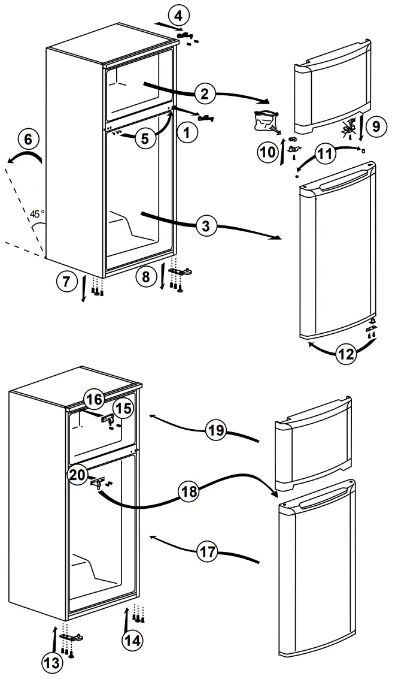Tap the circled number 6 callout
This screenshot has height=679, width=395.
click(x=28, y=139)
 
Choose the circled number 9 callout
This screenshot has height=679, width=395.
click(x=375, y=126)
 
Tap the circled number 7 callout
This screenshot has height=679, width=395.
click(x=68, y=280)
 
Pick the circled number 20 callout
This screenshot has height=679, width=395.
click(x=77, y=473)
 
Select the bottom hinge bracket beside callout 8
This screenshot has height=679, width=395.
click(x=181, y=272)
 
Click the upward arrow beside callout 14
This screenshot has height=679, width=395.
click(x=126, y=620)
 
